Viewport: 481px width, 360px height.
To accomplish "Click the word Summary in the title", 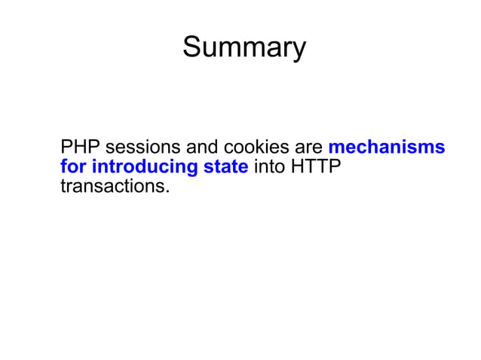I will (x=244, y=48).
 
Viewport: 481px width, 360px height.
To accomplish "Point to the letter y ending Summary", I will (x=299, y=50).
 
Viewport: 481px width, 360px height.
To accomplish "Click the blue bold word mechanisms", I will (x=387, y=147).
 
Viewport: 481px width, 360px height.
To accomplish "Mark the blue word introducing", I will (x=145, y=167).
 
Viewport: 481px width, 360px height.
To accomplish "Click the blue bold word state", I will (x=226, y=166).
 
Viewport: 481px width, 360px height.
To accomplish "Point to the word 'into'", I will (x=269, y=166).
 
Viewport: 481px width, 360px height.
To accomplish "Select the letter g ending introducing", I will (x=193, y=169).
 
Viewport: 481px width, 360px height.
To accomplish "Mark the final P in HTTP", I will (x=335, y=166).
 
